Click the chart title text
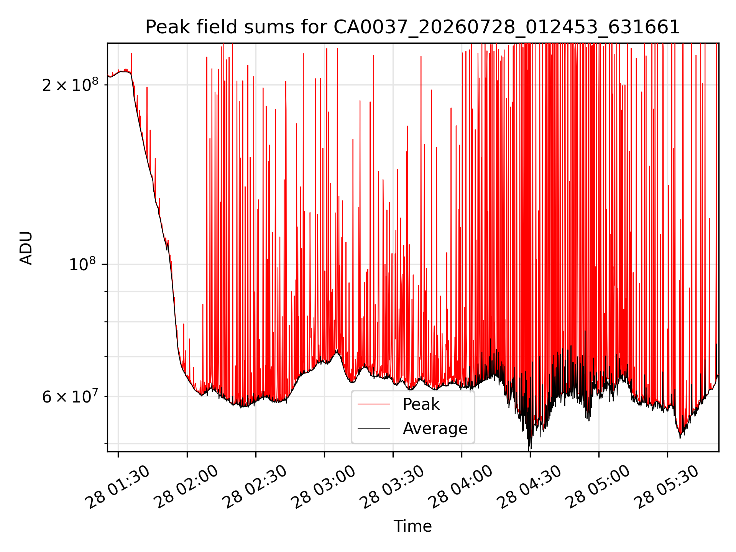412,27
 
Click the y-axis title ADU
26,248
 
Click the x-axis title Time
412,526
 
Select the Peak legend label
421,404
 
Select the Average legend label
435,428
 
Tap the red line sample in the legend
374,404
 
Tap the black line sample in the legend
374,428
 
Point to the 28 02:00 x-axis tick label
186,487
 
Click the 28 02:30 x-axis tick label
255,487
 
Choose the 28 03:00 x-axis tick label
324,487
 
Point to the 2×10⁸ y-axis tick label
70,85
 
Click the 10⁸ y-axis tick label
84,264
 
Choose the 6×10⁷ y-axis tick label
70,397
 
